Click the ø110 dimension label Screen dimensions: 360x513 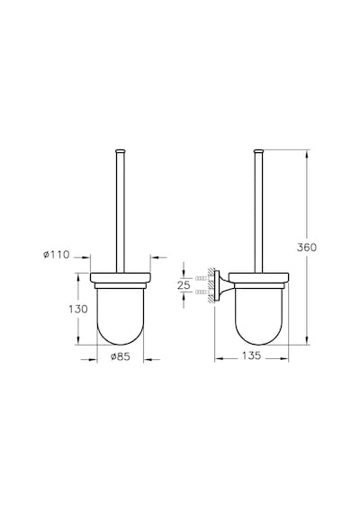coord(57,254)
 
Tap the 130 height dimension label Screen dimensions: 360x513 coord(78,309)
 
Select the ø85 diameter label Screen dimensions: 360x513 coord(121,356)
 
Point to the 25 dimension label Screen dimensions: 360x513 coord(184,285)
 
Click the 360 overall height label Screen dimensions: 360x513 coord(307,247)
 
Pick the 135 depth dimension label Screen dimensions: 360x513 coord(251,355)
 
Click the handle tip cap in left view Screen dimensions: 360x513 coord(120,151)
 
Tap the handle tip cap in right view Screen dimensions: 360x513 coord(258,151)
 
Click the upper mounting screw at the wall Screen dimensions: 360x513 coord(202,278)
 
